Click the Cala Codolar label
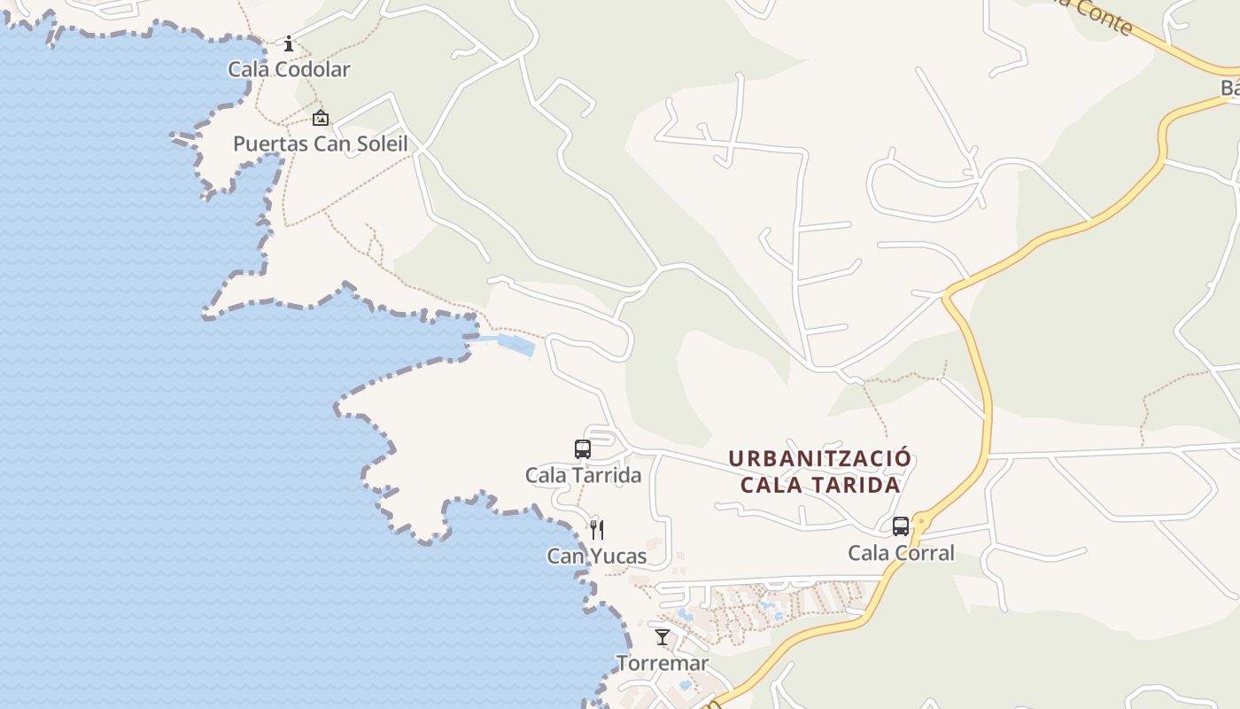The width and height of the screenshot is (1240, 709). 289,69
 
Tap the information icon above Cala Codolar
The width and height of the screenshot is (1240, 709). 289,43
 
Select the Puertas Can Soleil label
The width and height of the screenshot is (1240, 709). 320,144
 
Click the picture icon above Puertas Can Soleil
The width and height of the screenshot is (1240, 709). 320,118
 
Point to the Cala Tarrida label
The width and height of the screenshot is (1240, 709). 583,475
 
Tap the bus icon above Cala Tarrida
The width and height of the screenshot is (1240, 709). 582,449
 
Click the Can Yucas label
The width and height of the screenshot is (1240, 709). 596,557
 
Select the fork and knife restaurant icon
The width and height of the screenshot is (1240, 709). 597,530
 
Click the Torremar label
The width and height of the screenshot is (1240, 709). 663,663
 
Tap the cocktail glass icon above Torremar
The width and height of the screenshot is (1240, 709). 663,636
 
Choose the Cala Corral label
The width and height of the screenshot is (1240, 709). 901,553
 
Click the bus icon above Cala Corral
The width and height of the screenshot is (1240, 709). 901,526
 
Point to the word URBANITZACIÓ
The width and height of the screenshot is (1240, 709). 819,459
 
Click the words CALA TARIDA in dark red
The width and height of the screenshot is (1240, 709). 820,486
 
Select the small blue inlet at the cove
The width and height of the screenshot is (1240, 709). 515,344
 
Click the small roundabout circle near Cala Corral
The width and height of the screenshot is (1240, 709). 921,523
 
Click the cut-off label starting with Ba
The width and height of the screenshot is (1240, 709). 1229,88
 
